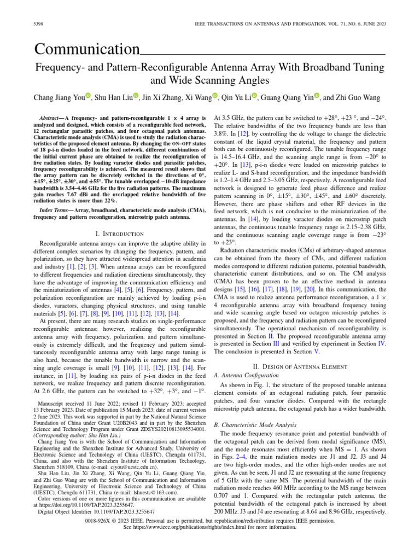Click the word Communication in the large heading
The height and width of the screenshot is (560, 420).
click(87, 50)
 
